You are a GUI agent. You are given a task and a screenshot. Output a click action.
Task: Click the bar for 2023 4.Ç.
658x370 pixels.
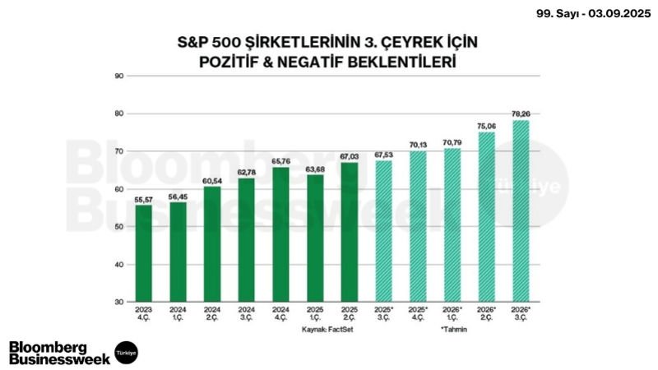[x=144, y=253]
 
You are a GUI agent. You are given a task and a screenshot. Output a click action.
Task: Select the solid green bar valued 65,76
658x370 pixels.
[x=280, y=234]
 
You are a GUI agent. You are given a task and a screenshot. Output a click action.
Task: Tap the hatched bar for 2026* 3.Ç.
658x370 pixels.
[x=520, y=211]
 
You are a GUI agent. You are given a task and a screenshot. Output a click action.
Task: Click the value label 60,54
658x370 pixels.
[x=212, y=180]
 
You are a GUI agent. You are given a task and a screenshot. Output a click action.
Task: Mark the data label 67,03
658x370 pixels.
[x=349, y=156]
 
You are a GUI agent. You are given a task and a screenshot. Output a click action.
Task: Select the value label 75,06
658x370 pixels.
[x=486, y=126]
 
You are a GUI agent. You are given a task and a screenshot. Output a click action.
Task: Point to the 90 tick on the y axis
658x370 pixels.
[x=119, y=76]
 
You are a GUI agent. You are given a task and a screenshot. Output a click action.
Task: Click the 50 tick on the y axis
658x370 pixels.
[x=119, y=227]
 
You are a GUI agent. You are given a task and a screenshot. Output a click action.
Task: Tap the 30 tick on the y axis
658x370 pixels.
[x=119, y=303]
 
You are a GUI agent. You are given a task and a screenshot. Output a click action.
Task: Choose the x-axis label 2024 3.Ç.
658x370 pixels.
[x=247, y=314]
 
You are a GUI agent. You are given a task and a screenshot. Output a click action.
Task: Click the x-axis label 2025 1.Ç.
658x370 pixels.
[x=315, y=314]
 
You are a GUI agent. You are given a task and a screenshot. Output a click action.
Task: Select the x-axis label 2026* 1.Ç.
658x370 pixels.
[x=452, y=314]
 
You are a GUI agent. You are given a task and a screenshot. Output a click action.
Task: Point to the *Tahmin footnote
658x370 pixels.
[x=453, y=327]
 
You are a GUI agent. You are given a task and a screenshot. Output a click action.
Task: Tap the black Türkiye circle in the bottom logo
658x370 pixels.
[x=126, y=352]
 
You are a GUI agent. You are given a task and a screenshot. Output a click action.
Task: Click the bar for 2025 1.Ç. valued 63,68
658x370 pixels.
[x=315, y=238]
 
